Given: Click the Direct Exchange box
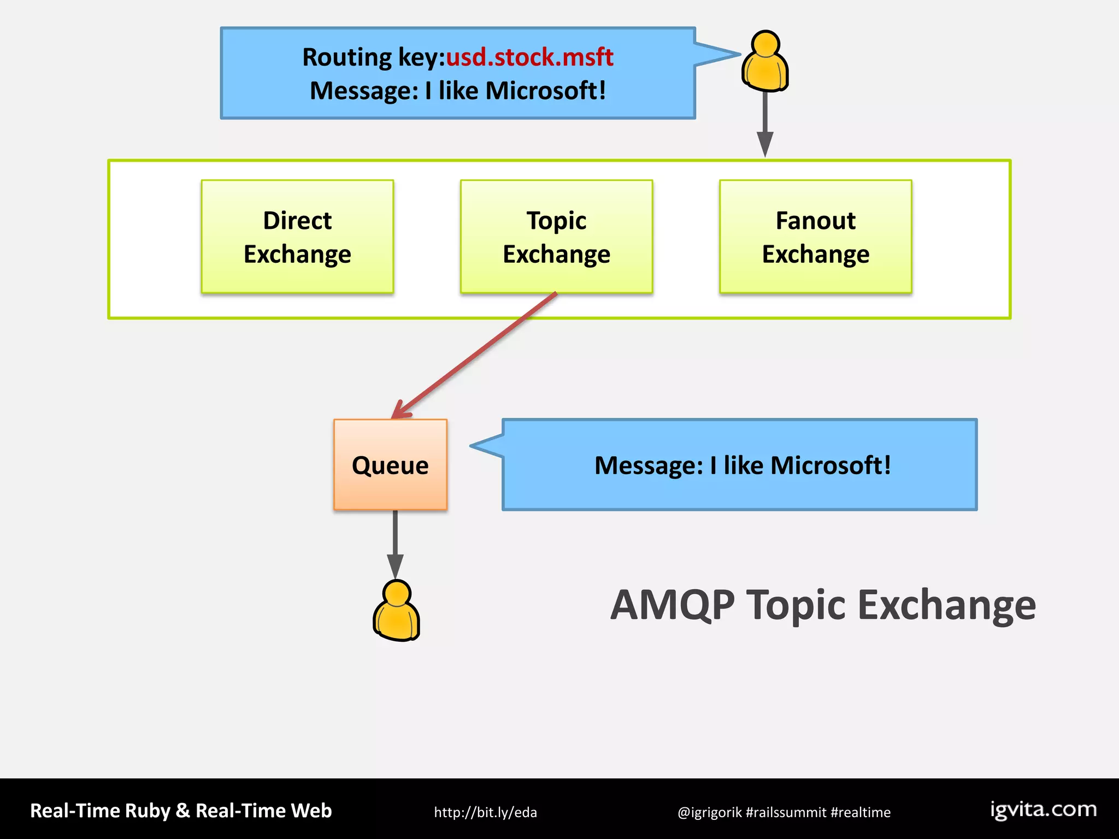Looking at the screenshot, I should coord(297,237).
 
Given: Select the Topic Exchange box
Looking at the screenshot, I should coord(556,237).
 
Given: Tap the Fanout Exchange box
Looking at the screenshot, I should coord(815,237).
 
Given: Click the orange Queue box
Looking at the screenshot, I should coord(390,465).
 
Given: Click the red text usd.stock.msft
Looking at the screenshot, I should coord(529,57).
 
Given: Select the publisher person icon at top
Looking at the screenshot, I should coord(765,61).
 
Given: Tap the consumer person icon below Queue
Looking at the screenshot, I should coord(397,611).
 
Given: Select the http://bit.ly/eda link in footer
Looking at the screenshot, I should coord(485,812).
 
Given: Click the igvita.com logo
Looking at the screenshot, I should coord(1043,810).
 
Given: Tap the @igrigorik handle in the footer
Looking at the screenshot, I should coord(709,812).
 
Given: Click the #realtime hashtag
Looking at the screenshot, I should coord(861,812).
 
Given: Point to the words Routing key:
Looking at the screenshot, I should coord(374,57).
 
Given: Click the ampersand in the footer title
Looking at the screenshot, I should coord(183,811).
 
